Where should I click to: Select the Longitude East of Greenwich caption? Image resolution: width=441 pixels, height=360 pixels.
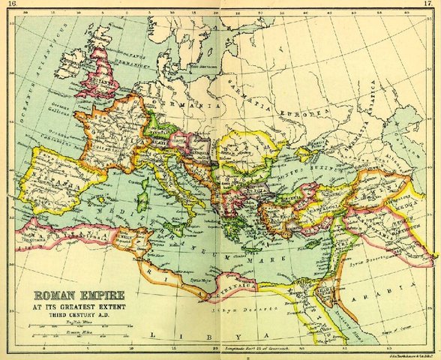[x=255, y=349]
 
